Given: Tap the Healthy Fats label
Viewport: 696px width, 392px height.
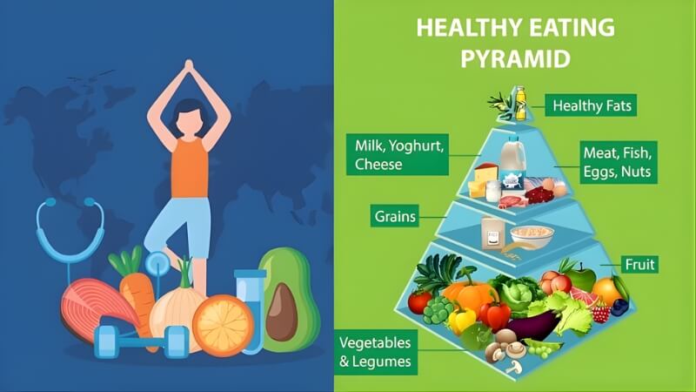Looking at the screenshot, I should (590, 106).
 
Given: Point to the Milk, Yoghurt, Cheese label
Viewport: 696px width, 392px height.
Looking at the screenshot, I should (398, 152).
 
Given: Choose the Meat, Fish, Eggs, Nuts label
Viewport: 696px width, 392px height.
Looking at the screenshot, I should (616, 163).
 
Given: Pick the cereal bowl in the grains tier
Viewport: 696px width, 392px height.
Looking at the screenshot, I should (532, 234).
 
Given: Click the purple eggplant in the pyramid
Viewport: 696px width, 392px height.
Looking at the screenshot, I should (534, 325).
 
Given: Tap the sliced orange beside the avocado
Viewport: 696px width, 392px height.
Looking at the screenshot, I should (223, 325).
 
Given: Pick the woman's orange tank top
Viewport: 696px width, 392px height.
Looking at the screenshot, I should (189, 166).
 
